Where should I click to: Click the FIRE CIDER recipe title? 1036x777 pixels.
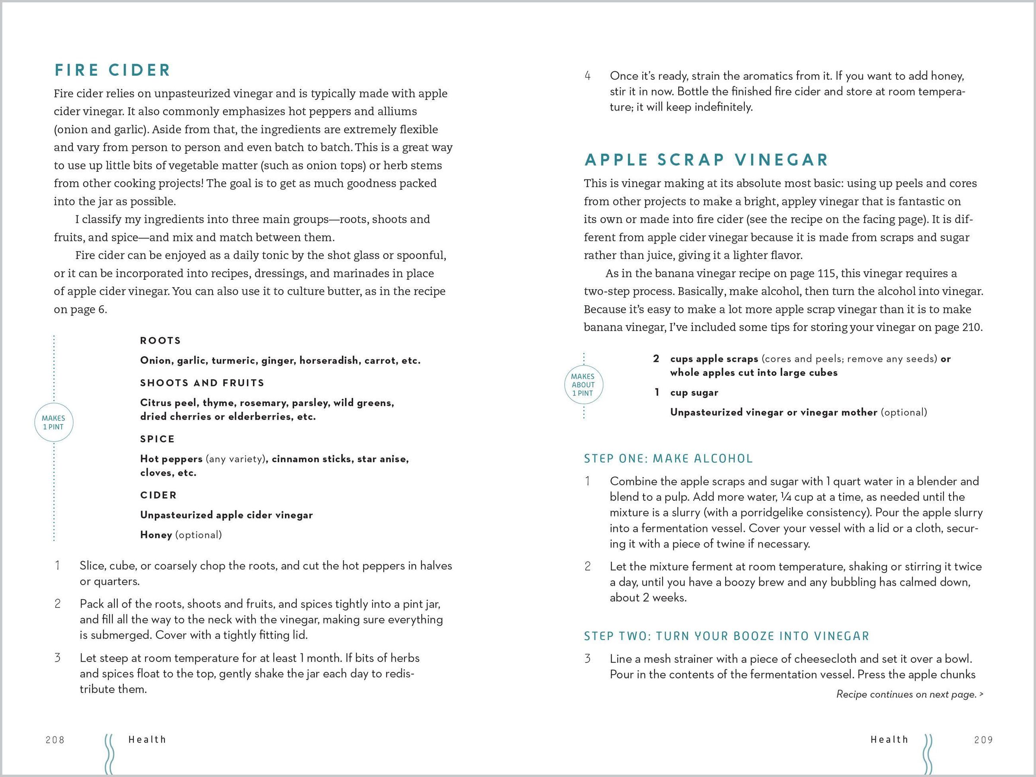point(112,70)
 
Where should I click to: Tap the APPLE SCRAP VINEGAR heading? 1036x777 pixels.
point(706,160)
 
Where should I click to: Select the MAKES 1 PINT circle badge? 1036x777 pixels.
point(54,423)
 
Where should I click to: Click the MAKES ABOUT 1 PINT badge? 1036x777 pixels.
point(583,385)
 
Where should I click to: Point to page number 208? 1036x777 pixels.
point(55,740)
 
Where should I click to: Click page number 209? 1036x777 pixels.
point(983,740)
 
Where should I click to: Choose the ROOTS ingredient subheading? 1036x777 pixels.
point(160,341)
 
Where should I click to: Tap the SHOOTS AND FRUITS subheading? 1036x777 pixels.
point(202,383)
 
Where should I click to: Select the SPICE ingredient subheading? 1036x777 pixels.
point(158,439)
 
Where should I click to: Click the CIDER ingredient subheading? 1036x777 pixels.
point(158,495)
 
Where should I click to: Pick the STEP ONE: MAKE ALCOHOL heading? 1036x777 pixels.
point(668,458)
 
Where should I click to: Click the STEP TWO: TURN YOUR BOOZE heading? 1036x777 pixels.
point(726,636)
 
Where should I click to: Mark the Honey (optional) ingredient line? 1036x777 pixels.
point(181,535)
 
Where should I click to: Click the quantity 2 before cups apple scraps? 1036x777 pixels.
point(656,359)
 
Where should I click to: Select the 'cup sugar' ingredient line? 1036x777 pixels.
point(694,392)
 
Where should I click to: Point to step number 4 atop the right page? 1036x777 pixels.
point(588,76)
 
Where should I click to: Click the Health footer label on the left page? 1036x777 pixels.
point(147,739)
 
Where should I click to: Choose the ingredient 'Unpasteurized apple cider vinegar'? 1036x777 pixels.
point(226,515)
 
